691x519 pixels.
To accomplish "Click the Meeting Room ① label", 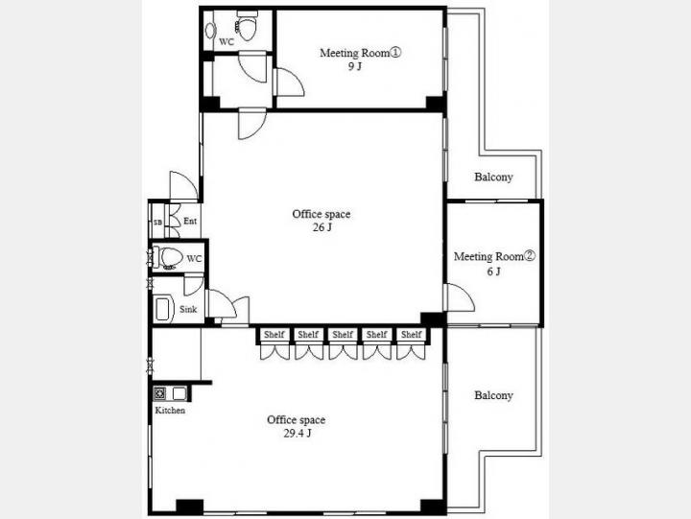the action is click(361, 53).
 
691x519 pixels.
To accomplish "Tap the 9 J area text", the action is click(355, 67).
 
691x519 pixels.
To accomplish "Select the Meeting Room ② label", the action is click(494, 256).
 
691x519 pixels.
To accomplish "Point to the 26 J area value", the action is click(322, 227).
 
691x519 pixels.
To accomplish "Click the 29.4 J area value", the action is click(298, 434).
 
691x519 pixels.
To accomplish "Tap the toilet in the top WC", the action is click(247, 27).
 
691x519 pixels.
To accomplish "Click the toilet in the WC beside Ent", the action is click(168, 257).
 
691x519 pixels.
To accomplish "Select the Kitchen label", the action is click(170, 411).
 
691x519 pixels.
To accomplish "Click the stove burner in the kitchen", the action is click(159, 393).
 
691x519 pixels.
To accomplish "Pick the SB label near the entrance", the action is click(157, 223).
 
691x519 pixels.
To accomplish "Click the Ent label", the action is click(190, 222).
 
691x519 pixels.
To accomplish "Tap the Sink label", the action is click(188, 309).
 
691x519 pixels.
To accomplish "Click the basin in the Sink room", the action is click(162, 309).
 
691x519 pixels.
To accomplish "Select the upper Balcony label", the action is click(493, 177).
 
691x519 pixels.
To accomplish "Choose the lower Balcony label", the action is click(493, 395).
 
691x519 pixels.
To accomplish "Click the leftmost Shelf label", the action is click(274, 335).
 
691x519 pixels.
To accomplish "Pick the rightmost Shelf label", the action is click(411, 335).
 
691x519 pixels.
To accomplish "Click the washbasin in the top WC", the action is click(210, 30).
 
